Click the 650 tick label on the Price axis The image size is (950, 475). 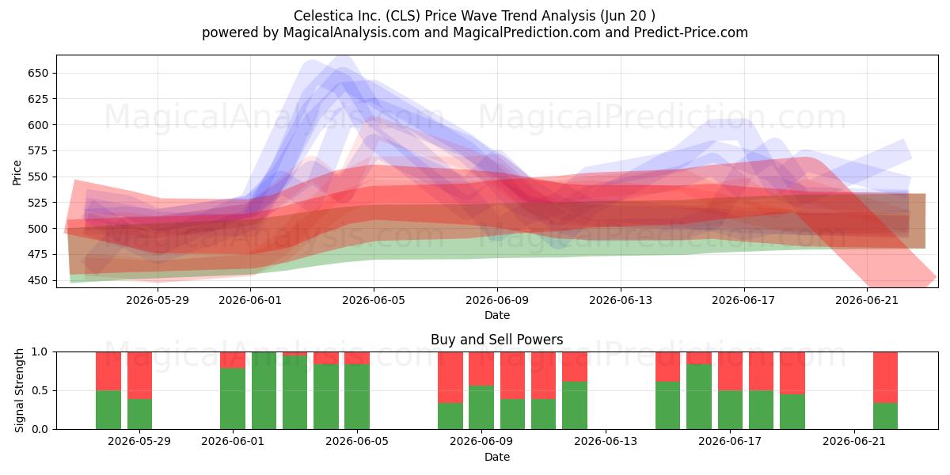[x=38, y=73]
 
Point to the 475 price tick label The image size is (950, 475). [x=38, y=254]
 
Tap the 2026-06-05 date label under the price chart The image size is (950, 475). [x=374, y=300]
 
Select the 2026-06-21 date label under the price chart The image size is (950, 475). [x=867, y=300]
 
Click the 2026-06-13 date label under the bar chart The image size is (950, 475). [x=606, y=442]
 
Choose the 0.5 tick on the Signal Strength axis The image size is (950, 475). [x=40, y=390]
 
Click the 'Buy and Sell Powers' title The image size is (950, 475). [x=497, y=340]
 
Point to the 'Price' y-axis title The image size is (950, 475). [x=17, y=173]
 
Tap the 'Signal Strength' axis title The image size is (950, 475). [x=19, y=390]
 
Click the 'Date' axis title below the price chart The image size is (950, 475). [x=497, y=315]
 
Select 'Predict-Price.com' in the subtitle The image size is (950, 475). [x=691, y=32]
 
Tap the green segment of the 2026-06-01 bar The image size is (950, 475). [x=233, y=398]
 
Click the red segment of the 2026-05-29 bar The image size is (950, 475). [x=139, y=375]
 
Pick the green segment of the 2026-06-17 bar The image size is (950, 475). [x=730, y=410]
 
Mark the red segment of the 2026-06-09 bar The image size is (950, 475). [x=481, y=369]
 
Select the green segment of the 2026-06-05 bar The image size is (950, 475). [x=357, y=397]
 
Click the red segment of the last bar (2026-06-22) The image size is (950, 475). [x=886, y=378]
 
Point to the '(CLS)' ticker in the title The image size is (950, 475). [x=403, y=16]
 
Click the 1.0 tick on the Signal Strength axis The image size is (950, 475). [x=40, y=352]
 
